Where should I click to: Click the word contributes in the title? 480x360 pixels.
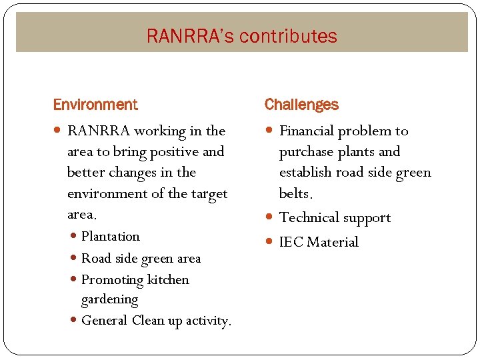coord(289,36)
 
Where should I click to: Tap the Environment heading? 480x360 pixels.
coord(95,105)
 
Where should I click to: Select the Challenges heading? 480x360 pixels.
coord(301,105)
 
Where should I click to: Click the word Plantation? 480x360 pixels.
coord(111,237)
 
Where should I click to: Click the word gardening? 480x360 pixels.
coord(110,299)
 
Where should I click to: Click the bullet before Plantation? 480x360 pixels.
coord(73,237)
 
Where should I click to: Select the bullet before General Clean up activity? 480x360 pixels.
coord(73,321)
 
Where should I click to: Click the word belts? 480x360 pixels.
coord(295,194)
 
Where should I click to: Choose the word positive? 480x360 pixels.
coord(173,152)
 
